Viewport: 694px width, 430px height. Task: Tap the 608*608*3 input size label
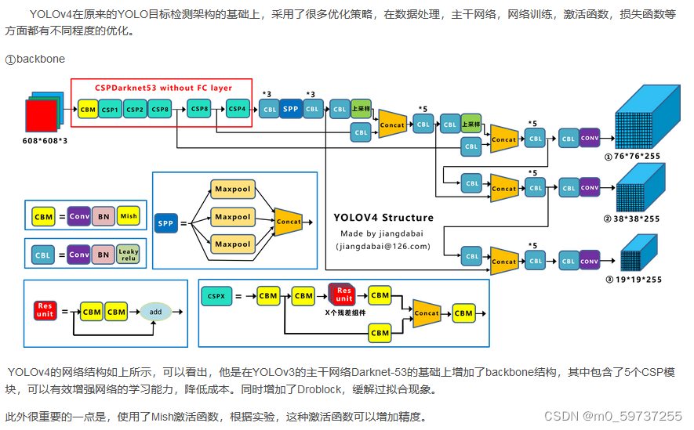(45, 140)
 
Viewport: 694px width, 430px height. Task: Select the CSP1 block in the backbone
(110, 110)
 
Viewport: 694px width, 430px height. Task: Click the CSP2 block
(134, 110)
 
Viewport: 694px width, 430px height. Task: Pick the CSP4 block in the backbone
(238, 109)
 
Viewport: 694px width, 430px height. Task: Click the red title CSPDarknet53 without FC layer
(163, 88)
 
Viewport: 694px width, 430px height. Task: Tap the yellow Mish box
(128, 216)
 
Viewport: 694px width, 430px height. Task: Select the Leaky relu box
(128, 255)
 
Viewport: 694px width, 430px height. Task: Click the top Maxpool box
(232, 190)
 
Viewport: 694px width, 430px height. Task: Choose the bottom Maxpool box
(232, 244)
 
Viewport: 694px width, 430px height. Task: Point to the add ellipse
(155, 312)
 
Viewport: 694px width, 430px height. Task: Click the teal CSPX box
(216, 297)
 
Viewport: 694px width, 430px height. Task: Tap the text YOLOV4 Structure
(383, 218)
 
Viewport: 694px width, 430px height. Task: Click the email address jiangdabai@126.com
(383, 246)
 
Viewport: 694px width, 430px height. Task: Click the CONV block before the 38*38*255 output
(590, 188)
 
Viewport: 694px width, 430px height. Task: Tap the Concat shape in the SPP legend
(288, 222)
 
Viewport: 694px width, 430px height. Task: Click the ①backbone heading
(35, 60)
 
